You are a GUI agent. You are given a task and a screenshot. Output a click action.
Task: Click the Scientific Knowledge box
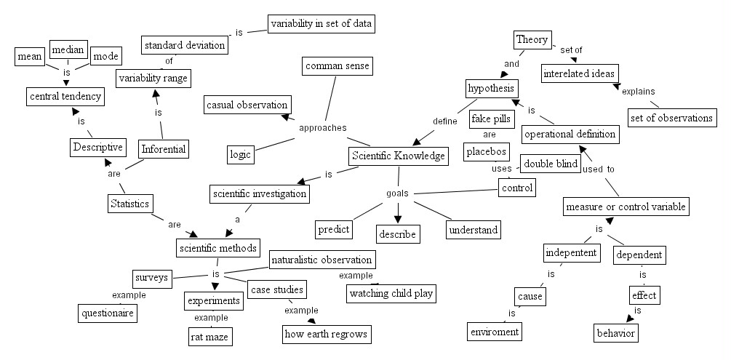click(x=398, y=156)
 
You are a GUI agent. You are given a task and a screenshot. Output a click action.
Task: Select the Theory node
click(x=532, y=39)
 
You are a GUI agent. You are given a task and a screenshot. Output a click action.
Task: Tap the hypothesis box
click(x=491, y=89)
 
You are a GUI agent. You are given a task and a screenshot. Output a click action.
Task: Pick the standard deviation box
click(x=184, y=46)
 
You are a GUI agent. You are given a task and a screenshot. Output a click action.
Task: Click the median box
click(x=68, y=51)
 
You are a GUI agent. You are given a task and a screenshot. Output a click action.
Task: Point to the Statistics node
click(x=129, y=204)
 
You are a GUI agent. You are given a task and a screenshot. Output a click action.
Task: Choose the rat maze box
click(x=211, y=337)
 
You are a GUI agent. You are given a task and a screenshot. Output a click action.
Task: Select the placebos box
click(x=486, y=153)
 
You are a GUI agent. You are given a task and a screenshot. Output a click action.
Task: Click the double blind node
click(x=551, y=164)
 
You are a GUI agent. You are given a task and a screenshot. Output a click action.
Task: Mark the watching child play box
click(x=391, y=294)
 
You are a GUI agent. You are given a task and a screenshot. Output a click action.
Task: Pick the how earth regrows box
click(x=327, y=335)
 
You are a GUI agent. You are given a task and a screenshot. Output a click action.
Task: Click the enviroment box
click(x=494, y=332)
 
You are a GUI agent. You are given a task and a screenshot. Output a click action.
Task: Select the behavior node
click(x=615, y=333)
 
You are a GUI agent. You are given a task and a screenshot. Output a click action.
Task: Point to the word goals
click(x=397, y=194)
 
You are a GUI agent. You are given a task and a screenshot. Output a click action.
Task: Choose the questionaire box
click(x=108, y=313)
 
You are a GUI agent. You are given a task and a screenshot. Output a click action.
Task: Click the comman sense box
click(x=337, y=66)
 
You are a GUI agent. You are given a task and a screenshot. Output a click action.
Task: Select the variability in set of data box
click(x=321, y=24)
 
